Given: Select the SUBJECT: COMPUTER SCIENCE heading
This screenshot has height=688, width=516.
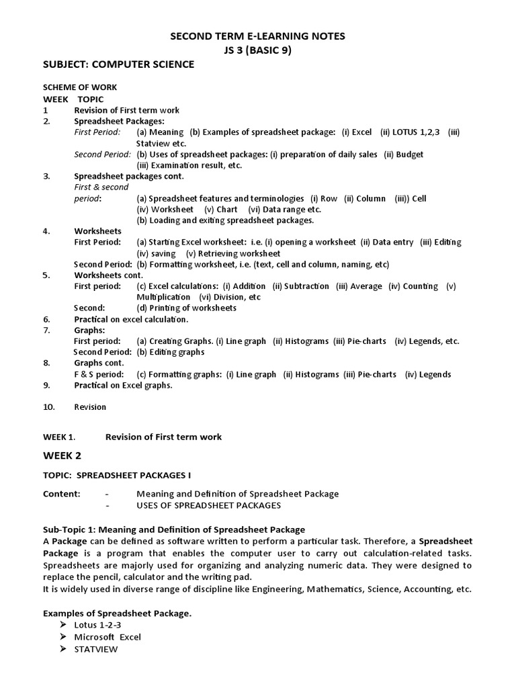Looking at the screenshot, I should (118, 64).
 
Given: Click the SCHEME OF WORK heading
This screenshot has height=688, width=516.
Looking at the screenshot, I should (80, 87).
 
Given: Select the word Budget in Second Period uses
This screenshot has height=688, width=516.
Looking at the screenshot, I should (410, 154).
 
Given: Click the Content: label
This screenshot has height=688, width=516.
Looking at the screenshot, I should (62, 494).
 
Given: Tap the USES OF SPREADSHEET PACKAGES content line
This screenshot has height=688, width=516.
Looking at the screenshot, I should (208, 505).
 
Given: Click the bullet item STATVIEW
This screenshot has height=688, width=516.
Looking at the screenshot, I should (97, 649).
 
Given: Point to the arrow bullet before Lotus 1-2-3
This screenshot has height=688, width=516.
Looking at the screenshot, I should (63, 625).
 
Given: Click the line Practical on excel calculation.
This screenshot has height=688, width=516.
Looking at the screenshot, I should (131, 319).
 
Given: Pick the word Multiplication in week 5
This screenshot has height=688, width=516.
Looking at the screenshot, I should (163, 297).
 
